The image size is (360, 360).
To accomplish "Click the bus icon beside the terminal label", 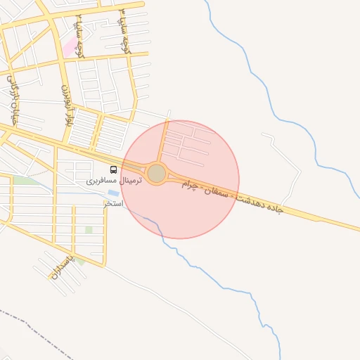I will pos(114,169).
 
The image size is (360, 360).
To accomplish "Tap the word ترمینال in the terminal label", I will pos(130,181).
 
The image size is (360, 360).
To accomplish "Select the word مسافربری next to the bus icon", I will pos(101,181).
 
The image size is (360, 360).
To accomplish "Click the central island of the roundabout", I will pos(156,172).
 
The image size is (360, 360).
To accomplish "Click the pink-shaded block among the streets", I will pos(70,48).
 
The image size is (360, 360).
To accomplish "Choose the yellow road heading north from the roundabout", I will pos(165,141).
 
